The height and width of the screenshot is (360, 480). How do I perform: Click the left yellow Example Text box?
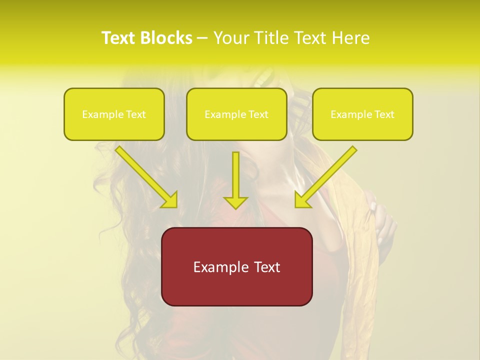point(114,114)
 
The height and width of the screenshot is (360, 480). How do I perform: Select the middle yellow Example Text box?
point(236,114)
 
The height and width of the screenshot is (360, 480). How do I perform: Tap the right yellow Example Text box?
point(362,114)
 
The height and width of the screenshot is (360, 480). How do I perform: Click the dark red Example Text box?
point(236,266)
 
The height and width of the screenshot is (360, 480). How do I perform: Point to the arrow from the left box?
point(145,175)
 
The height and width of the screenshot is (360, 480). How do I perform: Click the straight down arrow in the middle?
point(235,180)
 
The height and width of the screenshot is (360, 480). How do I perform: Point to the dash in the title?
point(202,38)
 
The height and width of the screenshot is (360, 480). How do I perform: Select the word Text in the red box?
point(266,267)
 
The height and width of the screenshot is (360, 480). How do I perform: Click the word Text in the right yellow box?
point(383,114)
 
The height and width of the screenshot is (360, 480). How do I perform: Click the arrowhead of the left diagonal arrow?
point(170,200)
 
